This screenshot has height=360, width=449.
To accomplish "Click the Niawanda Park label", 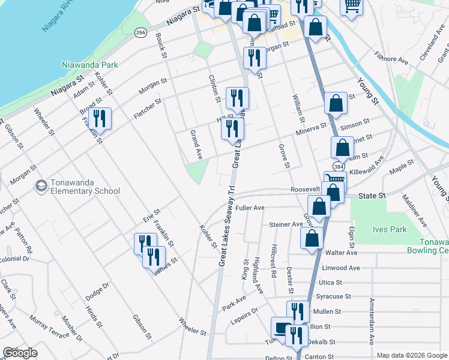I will pyautogui.click(x=89, y=65).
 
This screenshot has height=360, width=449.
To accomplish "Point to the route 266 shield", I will pyautogui.click(x=140, y=32).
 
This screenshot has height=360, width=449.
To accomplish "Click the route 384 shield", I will pyautogui.click(x=339, y=165).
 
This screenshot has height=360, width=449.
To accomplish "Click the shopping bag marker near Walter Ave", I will pyautogui.click(x=312, y=237).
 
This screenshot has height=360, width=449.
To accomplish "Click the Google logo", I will pyautogui.click(x=19, y=353).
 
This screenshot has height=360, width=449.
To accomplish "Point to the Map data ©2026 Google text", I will pyautogui.click(x=412, y=355).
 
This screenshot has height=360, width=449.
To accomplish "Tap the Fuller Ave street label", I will pyautogui.click(x=250, y=208).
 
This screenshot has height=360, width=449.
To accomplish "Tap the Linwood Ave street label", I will pyautogui.click(x=341, y=268).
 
